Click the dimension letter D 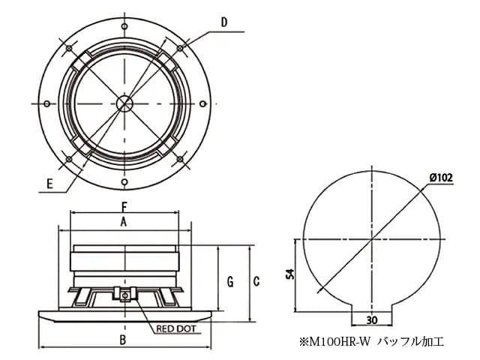point(224,22)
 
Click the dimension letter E point(49,183)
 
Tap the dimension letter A point(124,222)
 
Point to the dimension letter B point(123,340)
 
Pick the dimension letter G point(230,281)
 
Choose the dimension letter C point(256,281)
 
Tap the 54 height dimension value point(289,275)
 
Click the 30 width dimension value point(372,319)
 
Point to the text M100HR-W point(339,342)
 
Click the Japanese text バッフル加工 point(411,342)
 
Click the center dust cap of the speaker point(124,103)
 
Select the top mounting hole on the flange point(124,25)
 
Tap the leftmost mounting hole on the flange point(47,103)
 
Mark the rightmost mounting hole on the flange point(201,103)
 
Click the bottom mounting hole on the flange point(124,180)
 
